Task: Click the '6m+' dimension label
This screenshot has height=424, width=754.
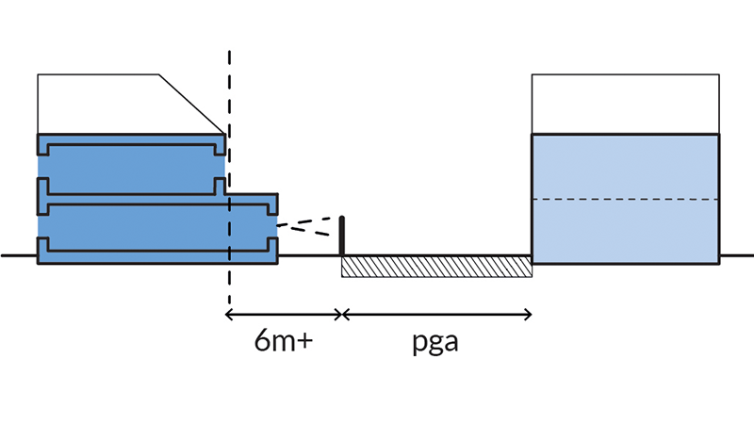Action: point(283,341)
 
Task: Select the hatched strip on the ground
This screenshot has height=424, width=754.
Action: point(436,266)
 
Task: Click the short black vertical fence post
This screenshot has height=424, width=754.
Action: point(342,236)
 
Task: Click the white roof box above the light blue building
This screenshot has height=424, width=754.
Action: point(626,104)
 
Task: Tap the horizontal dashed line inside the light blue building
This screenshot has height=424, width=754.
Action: point(626,200)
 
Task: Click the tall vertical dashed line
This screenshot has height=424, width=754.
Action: point(228,94)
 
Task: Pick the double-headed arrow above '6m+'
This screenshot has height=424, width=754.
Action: point(284,312)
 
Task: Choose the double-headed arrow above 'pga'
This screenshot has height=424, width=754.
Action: point(437,312)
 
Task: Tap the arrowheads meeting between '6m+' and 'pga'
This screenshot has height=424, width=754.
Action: point(341,312)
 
